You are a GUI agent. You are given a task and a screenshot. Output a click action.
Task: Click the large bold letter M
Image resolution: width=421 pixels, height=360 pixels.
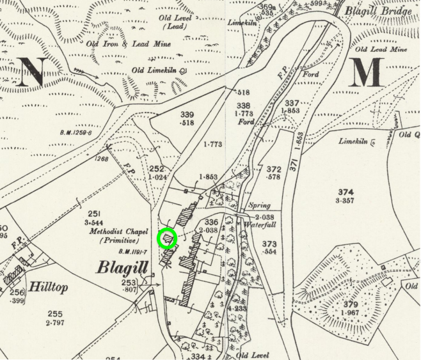tap(367, 72)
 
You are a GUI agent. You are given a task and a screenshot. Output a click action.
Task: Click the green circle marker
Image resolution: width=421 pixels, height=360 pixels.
tap(168, 239)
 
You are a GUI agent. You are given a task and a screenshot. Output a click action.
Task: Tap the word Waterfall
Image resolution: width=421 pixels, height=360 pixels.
tap(258, 224)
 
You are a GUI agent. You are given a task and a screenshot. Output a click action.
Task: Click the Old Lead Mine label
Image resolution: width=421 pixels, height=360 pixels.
tap(381, 49)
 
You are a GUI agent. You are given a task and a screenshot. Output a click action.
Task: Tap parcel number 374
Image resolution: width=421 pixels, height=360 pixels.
tap(346, 192)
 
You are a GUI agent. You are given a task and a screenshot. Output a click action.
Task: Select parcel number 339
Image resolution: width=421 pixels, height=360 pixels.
tap(187, 114)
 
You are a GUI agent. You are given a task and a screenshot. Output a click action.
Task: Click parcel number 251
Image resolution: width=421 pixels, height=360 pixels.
tap(95, 214)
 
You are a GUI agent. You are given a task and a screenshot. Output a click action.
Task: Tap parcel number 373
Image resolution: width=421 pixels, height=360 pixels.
tap(269, 244)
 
